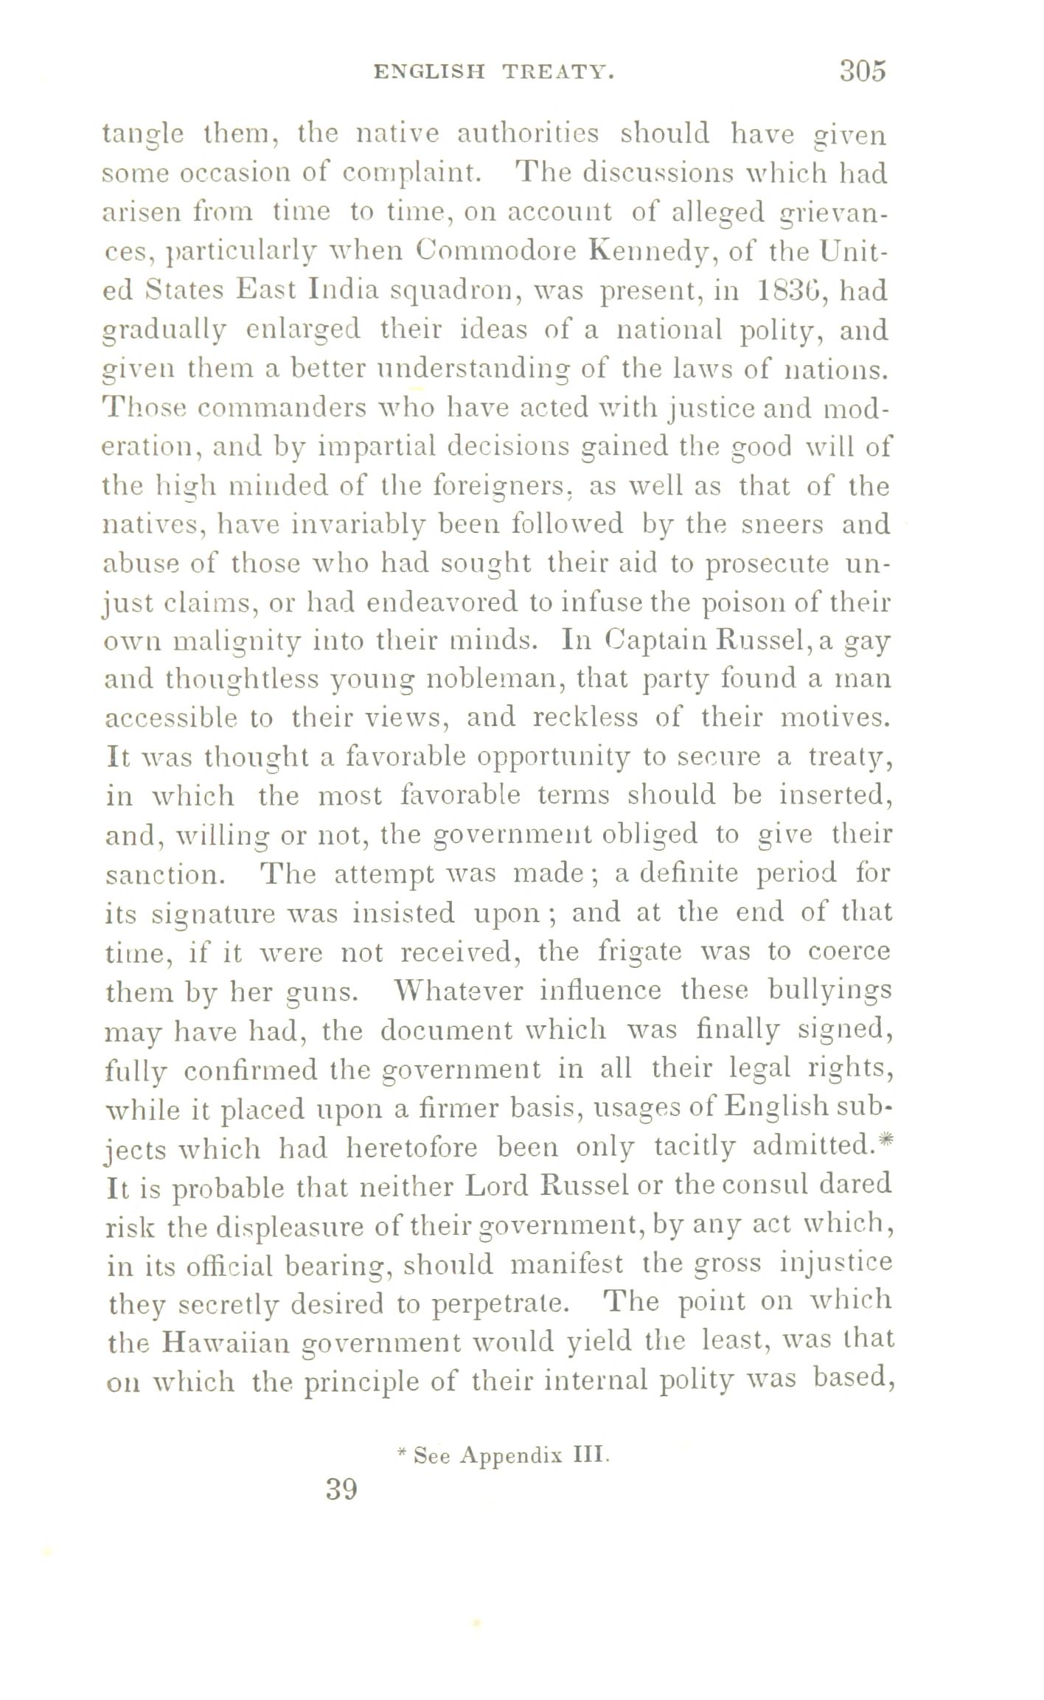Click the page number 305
pyautogui.click(x=860, y=71)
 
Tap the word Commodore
pyautogui.click(x=498, y=251)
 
